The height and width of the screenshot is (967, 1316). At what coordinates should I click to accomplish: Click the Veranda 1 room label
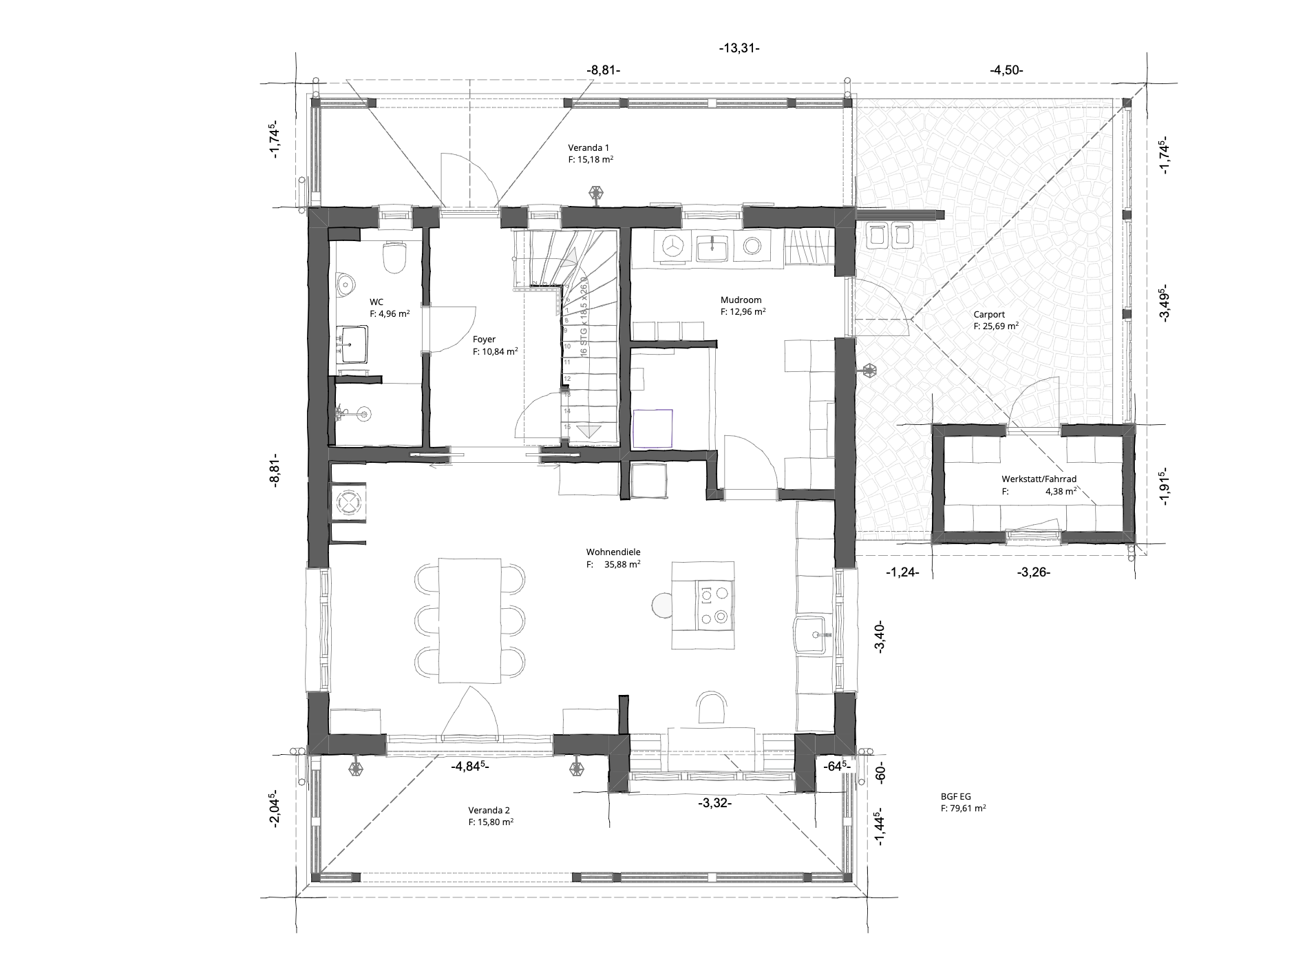[588, 147]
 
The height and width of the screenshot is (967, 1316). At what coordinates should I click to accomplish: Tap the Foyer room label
[484, 339]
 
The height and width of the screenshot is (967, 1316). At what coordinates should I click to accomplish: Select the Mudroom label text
[741, 300]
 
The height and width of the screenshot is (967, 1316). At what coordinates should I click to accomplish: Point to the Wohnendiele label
[613, 552]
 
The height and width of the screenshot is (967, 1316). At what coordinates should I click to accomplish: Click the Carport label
[989, 315]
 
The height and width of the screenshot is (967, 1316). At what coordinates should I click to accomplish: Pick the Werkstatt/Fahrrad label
[1039, 479]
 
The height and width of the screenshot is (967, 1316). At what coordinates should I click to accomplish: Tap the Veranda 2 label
[489, 810]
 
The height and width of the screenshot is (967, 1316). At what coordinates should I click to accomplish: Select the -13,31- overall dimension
[739, 48]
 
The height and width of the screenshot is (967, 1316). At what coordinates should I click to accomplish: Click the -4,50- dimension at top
[1006, 70]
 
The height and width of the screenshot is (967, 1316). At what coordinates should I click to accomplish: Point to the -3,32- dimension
[714, 803]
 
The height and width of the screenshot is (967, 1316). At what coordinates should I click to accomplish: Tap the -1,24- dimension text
[902, 572]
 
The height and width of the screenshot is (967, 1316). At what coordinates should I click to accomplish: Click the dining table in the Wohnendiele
[469, 620]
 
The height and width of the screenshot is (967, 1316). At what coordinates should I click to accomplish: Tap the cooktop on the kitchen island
[715, 605]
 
